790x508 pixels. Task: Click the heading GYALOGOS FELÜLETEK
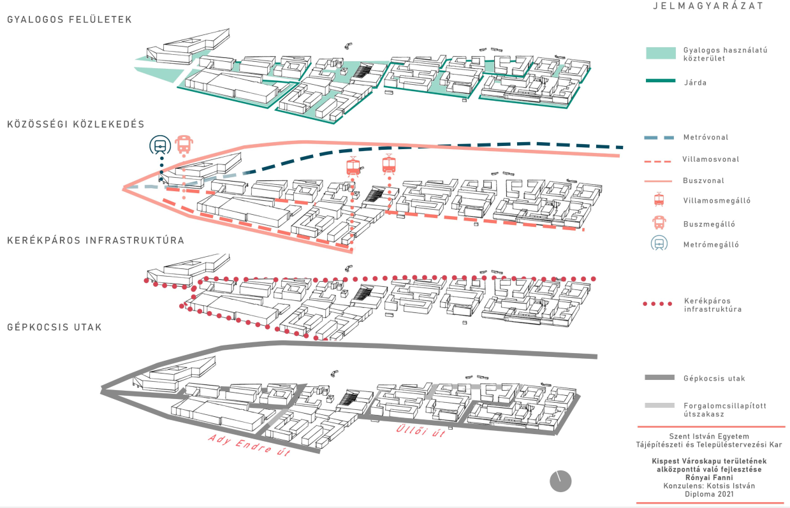[69, 20]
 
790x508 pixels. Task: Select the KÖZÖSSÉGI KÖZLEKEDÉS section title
[76, 124]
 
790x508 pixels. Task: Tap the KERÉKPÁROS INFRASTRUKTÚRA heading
[96, 240]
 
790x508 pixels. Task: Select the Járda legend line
[661, 81]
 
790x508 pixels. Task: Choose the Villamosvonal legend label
[711, 159]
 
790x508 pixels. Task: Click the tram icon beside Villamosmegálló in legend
[659, 201]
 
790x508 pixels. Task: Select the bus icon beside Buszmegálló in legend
[659, 223]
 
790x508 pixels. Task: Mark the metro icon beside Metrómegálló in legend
[659, 244]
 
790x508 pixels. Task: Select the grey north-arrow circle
[560, 481]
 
